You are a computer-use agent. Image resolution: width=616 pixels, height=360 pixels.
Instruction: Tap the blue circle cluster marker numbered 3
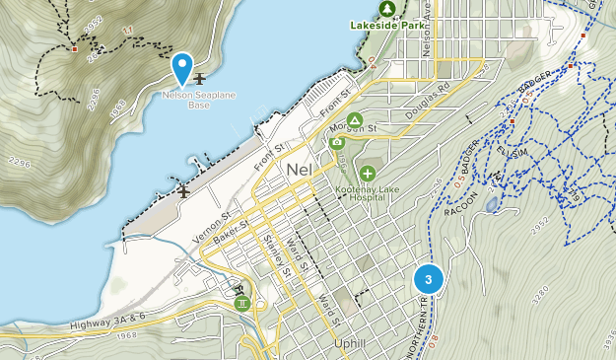coord(428,279)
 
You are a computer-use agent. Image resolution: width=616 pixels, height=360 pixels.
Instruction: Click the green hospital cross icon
coord(367,174)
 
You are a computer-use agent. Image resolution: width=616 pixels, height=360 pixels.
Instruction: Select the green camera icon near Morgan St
coord(337,142)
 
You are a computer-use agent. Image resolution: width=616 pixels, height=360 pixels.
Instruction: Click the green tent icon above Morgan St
coord(354,119)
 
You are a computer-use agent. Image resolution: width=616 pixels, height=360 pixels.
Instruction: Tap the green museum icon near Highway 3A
coord(242,303)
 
